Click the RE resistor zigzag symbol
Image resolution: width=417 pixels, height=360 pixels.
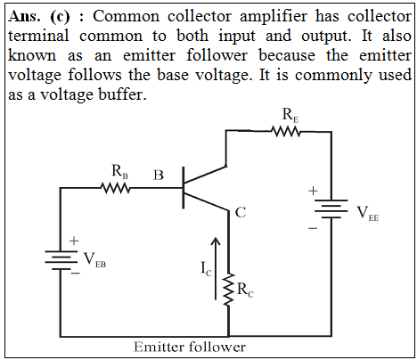pyautogui.click(x=286, y=132)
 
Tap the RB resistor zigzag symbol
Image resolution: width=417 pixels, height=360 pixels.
pyautogui.click(x=116, y=188)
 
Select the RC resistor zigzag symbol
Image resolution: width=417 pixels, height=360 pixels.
pyautogui.click(x=229, y=290)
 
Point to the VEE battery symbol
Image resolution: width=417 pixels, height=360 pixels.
pyautogui.click(x=331, y=209)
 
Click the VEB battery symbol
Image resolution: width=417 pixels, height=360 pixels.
pyautogui.click(x=61, y=260)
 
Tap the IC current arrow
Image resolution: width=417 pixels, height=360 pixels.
pyautogui.click(x=216, y=268)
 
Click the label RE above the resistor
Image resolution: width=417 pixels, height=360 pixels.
pyautogui.click(x=290, y=115)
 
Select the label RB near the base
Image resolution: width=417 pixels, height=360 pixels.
pyautogui.click(x=119, y=172)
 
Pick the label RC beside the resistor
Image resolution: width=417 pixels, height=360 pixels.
pyautogui.click(x=245, y=290)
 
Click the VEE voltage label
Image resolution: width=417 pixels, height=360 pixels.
pyautogui.click(x=368, y=213)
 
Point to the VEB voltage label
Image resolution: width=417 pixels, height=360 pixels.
pyautogui.click(x=94, y=260)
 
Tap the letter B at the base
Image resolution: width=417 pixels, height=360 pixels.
pyautogui.click(x=159, y=175)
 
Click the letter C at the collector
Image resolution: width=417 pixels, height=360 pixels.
pyautogui.click(x=241, y=212)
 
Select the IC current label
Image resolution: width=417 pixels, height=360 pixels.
pyautogui.click(x=206, y=269)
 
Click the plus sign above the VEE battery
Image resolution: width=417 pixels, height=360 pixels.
pyautogui.click(x=313, y=191)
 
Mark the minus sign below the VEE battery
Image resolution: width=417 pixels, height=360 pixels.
pyautogui.click(x=313, y=228)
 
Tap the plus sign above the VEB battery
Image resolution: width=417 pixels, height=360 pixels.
pyautogui.click(x=74, y=241)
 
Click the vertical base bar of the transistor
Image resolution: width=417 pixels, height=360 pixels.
pyautogui.click(x=183, y=188)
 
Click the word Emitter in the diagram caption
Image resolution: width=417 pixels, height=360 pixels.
pyautogui.click(x=157, y=347)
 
